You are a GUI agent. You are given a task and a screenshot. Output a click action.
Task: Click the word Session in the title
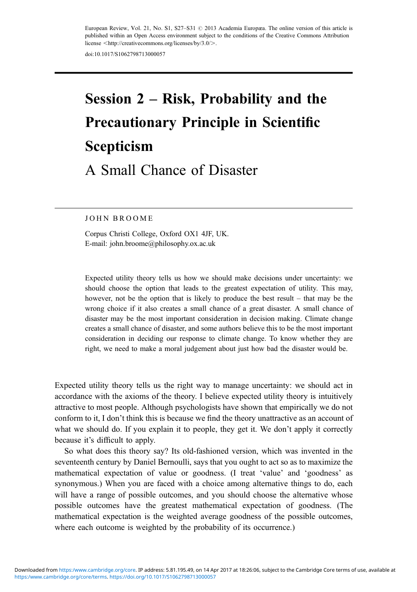[x=108, y=99]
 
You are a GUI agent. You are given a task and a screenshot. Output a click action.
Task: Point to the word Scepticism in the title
[x=119, y=146]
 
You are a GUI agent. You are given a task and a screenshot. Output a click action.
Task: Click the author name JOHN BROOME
[x=119, y=218]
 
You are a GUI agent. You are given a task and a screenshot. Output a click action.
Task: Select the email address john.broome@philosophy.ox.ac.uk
[x=162, y=244]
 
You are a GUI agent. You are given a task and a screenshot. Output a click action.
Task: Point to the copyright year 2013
[x=211, y=28]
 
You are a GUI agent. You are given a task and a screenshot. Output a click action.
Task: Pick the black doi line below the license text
[x=125, y=54]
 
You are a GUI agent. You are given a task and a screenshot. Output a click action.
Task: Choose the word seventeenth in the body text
[x=75, y=462]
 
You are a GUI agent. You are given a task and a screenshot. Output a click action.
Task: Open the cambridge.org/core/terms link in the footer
[x=61, y=577]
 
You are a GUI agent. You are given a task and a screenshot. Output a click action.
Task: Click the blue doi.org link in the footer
[x=163, y=577]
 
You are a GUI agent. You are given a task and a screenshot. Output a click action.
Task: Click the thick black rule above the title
[x=204, y=73]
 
